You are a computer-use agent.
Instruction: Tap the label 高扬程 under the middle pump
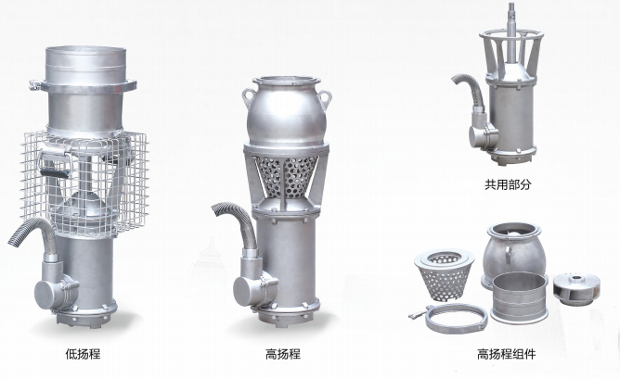point(282,353)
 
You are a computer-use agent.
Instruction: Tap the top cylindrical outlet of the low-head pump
point(84,65)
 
